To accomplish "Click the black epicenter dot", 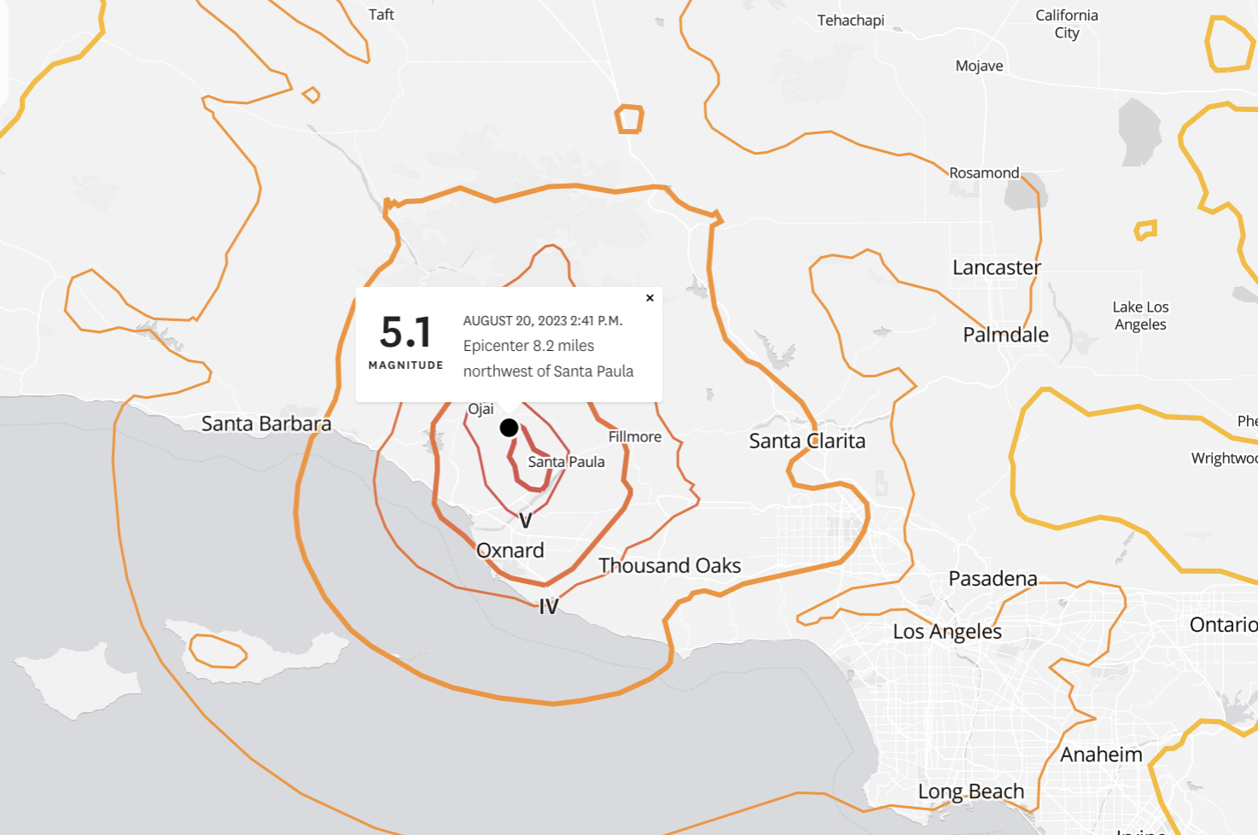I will pos(509,428).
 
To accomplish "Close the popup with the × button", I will pos(649,298).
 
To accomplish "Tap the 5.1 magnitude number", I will pos(405,332).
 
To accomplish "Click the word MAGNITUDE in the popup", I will pos(405,365).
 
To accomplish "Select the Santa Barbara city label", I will pos(266,423).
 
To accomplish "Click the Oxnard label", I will pos(510,551).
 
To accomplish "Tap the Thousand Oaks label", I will pos(670,565).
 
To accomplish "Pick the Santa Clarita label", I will pos(807,441).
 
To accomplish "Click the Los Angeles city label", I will pos(947,632).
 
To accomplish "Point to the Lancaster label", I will pos(997,267).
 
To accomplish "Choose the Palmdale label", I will pos(1005,335).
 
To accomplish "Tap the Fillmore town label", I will pos(635,436).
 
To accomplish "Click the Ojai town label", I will pos(481,409).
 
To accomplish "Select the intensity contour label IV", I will pos(548,606).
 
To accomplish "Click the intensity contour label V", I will pos(526,521).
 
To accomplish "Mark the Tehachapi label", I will pos(851,20).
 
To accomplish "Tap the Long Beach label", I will pos(971,791).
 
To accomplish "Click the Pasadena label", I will pos(993,579).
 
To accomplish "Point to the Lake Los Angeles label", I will pos(1140,315).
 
